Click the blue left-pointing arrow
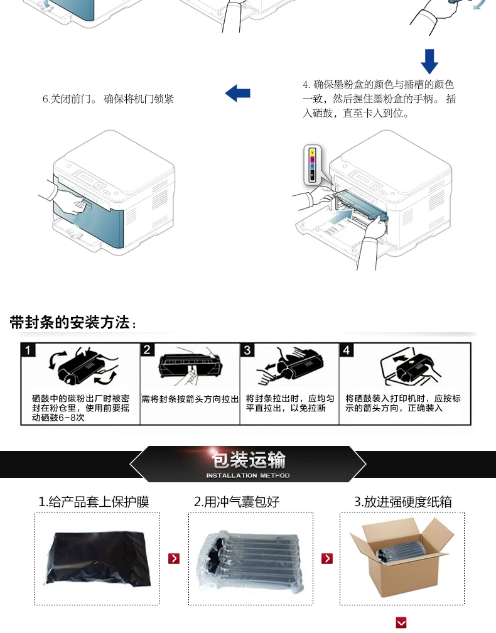(x=238, y=93)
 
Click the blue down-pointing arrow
(x=429, y=62)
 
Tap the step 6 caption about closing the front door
(x=108, y=99)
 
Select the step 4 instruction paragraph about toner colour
(x=379, y=99)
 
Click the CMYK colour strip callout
(x=312, y=165)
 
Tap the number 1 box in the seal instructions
(x=28, y=350)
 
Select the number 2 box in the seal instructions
(x=147, y=350)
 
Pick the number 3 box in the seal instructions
(x=247, y=350)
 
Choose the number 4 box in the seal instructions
(x=347, y=350)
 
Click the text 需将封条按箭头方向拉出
(x=190, y=399)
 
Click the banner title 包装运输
(x=248, y=460)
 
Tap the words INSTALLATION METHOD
(x=248, y=475)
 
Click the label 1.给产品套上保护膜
(x=94, y=502)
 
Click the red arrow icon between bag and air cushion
(x=174, y=559)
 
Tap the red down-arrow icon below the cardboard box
(x=401, y=622)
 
